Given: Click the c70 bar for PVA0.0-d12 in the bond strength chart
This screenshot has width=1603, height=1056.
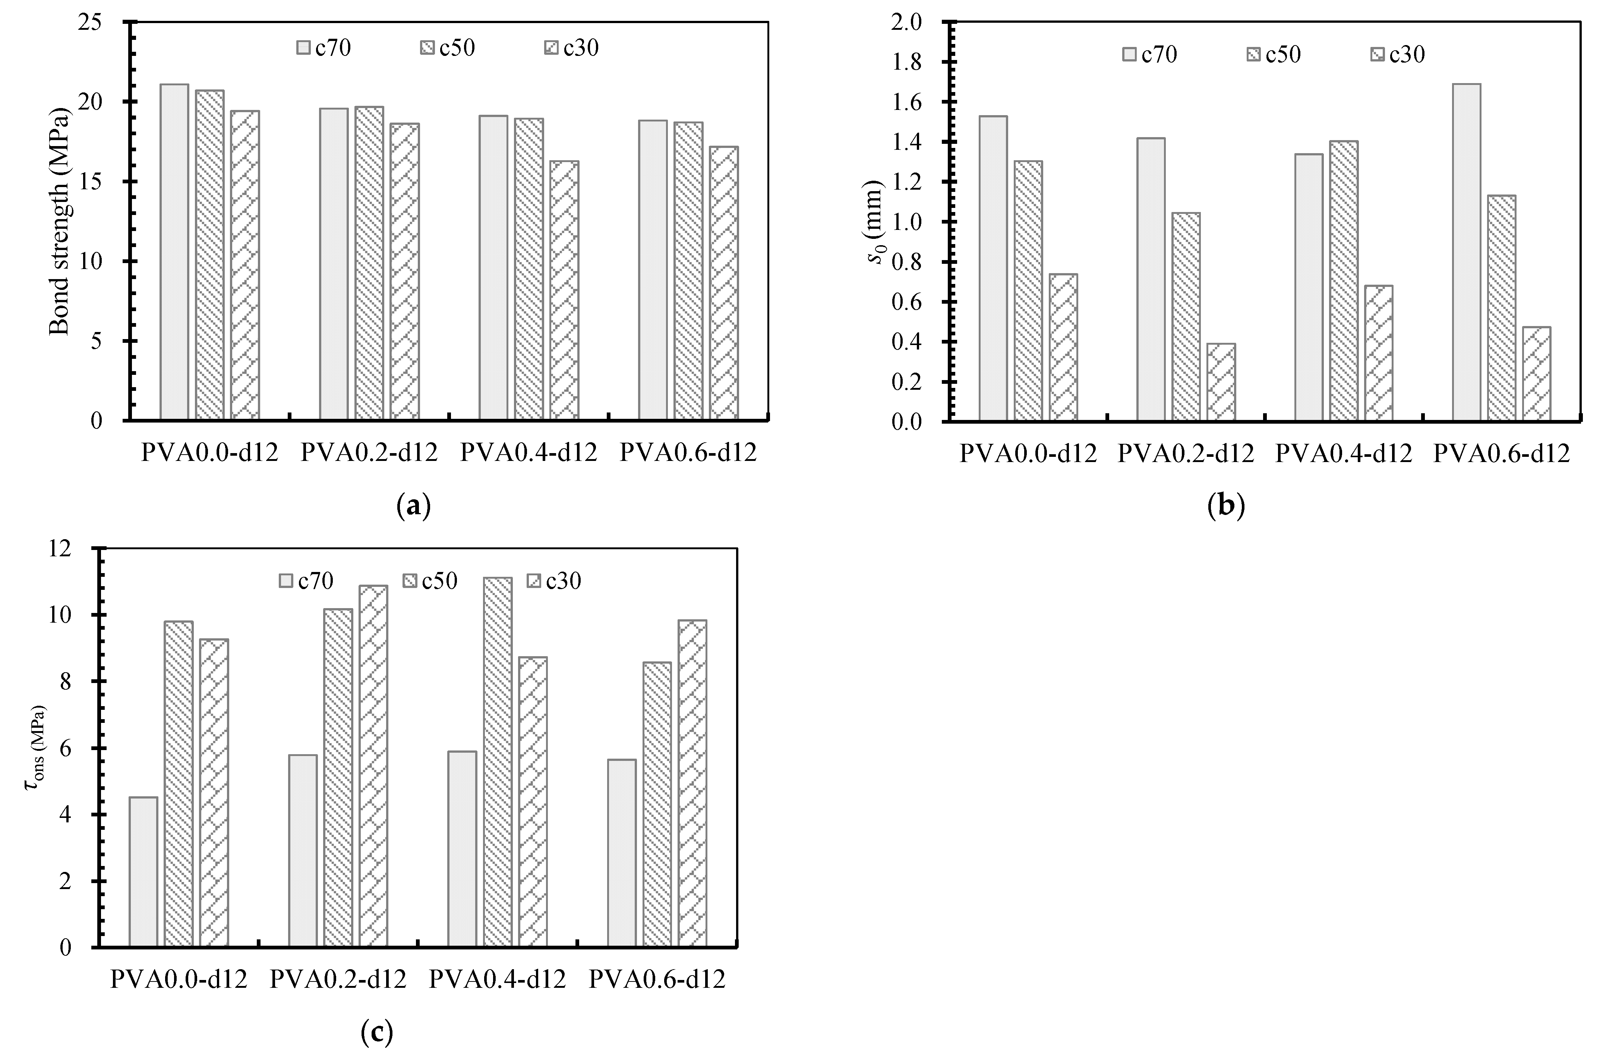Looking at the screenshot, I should tap(174, 253).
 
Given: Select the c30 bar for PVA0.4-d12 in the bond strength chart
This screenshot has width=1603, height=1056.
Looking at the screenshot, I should tap(564, 291).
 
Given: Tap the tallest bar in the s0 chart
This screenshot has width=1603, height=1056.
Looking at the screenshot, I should tap(1466, 253).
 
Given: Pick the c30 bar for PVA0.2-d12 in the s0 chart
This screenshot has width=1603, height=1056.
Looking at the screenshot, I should tap(1221, 383).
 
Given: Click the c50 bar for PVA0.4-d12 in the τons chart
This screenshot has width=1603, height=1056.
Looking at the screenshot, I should tap(498, 762).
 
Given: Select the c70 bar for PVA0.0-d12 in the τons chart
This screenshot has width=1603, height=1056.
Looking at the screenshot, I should tap(143, 872).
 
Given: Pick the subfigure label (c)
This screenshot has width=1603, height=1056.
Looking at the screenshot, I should tap(376, 1032).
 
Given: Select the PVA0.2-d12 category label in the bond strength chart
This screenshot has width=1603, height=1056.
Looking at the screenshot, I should tap(369, 453).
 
